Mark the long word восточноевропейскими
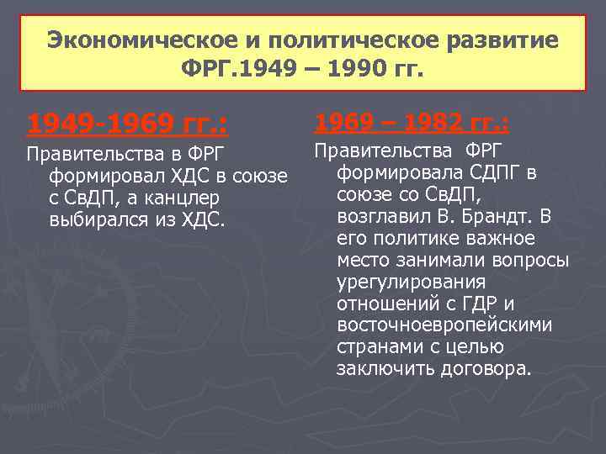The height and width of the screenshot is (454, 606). tap(444, 325)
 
